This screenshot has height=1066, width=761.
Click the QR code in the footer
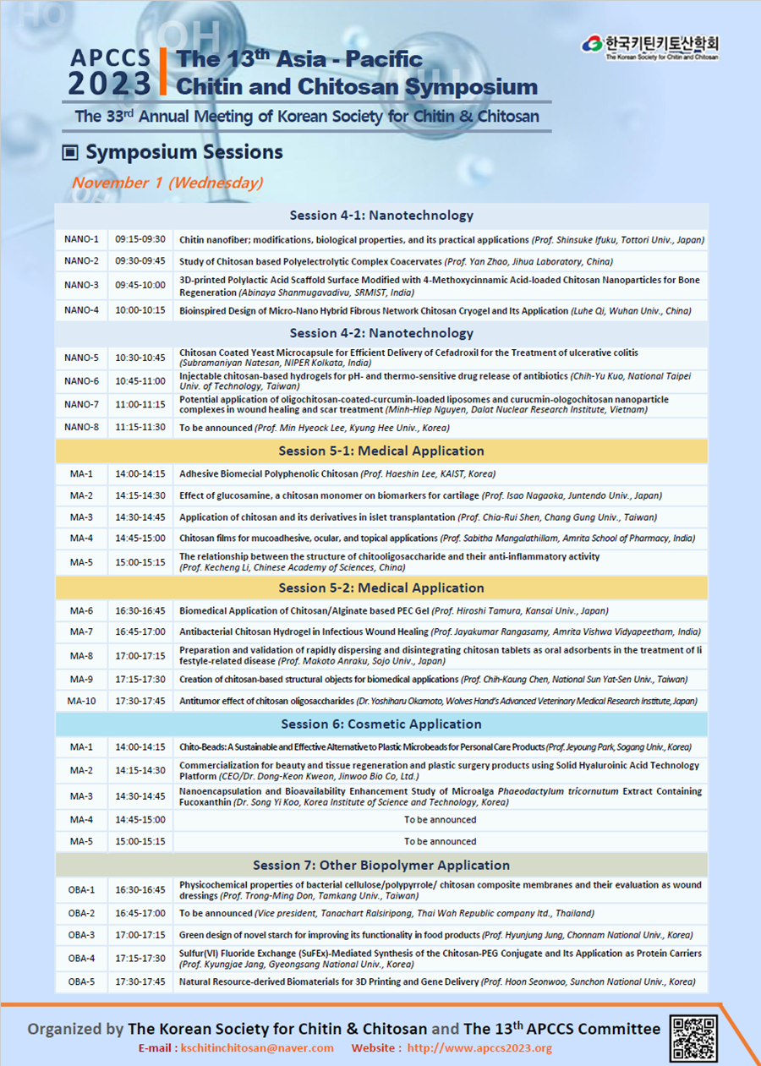point(693,1038)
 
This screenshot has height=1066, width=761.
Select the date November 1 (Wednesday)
point(167,183)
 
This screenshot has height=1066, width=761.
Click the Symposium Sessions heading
point(183,153)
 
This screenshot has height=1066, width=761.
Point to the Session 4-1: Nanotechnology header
point(381,216)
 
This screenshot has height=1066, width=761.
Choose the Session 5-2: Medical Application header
point(381,588)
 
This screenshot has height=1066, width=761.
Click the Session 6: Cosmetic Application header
point(381,724)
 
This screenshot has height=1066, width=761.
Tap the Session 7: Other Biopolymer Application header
point(381,865)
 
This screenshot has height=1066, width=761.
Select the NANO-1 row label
point(81,239)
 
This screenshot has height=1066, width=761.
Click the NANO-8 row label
point(81,428)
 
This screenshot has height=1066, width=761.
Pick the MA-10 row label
point(81,701)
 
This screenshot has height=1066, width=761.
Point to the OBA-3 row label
point(81,936)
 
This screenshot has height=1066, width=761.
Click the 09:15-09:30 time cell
point(140,239)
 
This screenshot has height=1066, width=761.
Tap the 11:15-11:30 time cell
point(140,428)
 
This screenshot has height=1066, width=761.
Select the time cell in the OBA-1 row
point(140,890)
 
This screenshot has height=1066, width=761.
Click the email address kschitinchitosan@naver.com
point(257,1048)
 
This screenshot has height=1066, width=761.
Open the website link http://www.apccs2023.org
point(479,1048)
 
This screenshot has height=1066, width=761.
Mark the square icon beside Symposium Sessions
point(71,153)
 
